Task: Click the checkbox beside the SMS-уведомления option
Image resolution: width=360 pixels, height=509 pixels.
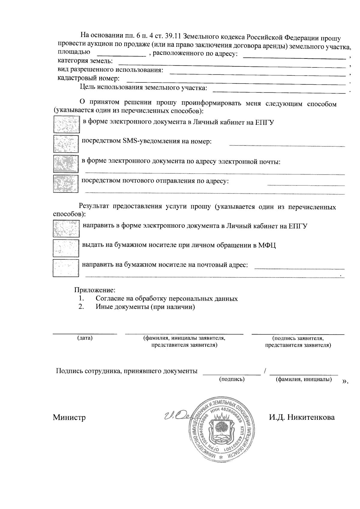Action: (66, 144)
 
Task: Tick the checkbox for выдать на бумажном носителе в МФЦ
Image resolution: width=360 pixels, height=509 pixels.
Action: (66, 247)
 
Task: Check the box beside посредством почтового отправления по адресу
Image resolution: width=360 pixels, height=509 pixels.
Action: (66, 183)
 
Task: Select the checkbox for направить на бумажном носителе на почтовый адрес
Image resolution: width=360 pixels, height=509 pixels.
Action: (66, 268)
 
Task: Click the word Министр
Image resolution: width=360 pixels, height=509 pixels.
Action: (69, 417)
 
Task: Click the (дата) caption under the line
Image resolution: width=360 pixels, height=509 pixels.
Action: (85, 338)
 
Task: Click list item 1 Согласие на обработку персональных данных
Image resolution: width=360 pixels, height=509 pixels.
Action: (166, 298)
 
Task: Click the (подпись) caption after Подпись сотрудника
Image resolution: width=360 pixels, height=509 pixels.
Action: (232, 379)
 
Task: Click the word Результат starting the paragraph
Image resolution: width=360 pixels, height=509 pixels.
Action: (94, 207)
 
